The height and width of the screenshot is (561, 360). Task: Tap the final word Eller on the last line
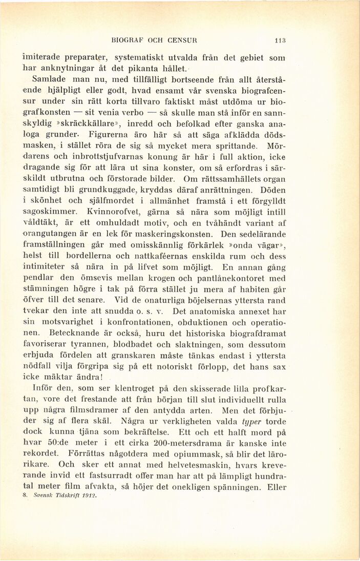tap(277, 487)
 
